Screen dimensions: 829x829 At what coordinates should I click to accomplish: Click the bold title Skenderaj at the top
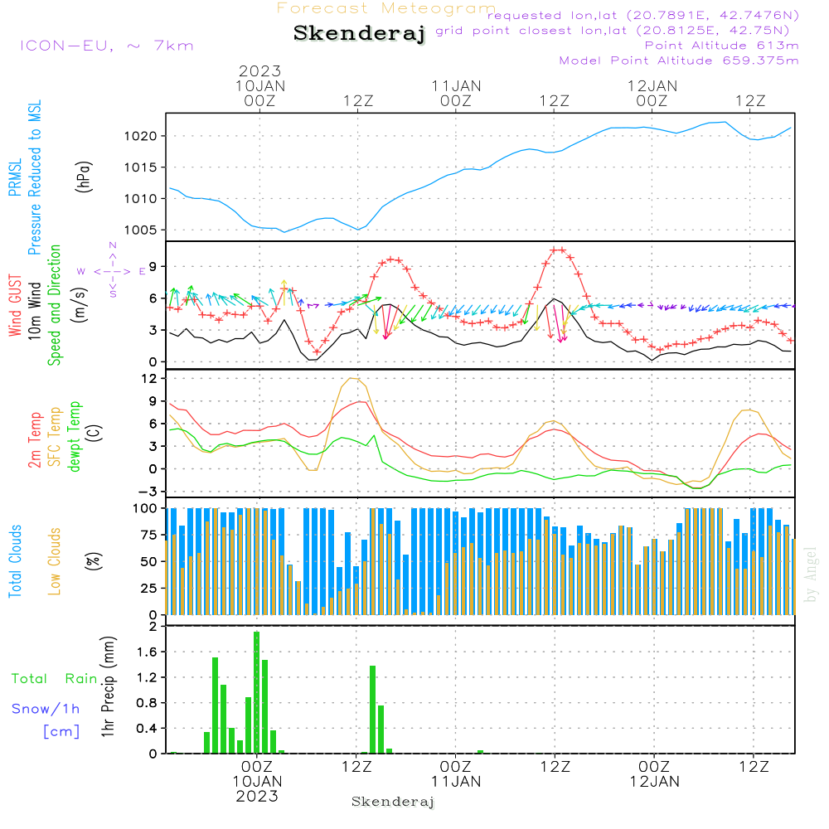coord(359,33)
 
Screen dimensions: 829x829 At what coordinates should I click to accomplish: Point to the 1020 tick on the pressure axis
coord(141,137)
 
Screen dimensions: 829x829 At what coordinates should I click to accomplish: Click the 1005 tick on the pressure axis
coord(141,230)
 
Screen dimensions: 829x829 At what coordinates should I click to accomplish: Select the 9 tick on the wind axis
coord(153,266)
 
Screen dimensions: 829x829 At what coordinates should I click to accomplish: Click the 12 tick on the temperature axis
coord(149,379)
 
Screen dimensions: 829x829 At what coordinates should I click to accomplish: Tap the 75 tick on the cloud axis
coord(149,535)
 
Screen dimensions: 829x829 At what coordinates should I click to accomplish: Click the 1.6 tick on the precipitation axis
coord(147,652)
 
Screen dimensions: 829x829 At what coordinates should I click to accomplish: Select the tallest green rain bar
coord(256,692)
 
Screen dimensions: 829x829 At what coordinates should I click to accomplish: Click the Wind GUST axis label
coord(15,305)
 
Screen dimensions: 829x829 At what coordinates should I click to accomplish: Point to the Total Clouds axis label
coord(15,561)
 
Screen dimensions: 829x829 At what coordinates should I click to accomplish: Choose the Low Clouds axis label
coord(54,561)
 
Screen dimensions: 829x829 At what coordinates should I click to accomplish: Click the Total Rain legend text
coord(55,678)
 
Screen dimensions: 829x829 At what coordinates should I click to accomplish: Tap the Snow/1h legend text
coord(46,709)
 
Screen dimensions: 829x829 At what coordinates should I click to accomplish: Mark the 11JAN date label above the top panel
coord(456,86)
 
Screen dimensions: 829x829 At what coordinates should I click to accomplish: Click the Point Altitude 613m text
coord(721,46)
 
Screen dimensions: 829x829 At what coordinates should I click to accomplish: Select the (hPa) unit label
coord(84,177)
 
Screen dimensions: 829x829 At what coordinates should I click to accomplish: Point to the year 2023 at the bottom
coord(257,796)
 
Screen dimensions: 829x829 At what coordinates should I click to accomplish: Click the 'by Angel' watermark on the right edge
coord(811,574)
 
